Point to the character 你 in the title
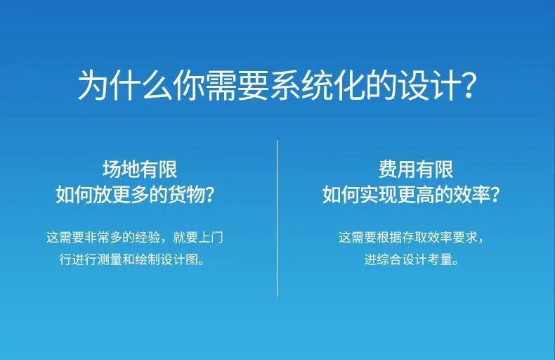(190, 86)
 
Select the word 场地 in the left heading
(122, 169)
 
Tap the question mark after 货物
(210, 194)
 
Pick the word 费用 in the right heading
(398, 169)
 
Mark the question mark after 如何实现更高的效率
(495, 194)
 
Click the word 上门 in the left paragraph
(211, 237)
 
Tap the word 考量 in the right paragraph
(439, 259)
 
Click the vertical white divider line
(277, 218)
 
